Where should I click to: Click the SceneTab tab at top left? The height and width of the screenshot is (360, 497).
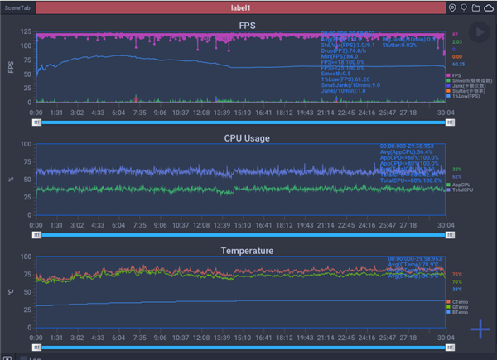[x=17, y=7]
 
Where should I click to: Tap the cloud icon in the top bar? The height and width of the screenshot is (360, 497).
[x=489, y=7]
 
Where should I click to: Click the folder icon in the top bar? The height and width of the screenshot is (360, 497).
[x=476, y=7]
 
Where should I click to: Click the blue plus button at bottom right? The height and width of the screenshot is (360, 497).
[x=481, y=330]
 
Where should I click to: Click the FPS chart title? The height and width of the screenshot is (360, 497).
[x=247, y=26]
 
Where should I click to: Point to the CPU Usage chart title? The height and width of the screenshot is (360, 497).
[x=247, y=137]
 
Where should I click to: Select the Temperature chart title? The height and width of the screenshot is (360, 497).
[x=247, y=250]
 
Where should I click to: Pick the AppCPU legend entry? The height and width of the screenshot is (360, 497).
[x=461, y=185]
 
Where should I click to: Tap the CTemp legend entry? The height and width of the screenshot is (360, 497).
[x=461, y=300]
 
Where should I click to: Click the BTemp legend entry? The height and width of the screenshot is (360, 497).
[x=461, y=312]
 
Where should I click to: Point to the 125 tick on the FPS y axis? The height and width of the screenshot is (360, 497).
[x=26, y=33]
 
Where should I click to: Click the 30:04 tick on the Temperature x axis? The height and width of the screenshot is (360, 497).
[x=445, y=337]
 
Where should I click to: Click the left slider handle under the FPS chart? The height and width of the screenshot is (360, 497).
[x=36, y=122]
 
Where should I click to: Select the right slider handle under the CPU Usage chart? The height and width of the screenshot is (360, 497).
[x=450, y=234]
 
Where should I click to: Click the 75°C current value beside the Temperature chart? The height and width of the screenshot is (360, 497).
[x=457, y=275]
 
